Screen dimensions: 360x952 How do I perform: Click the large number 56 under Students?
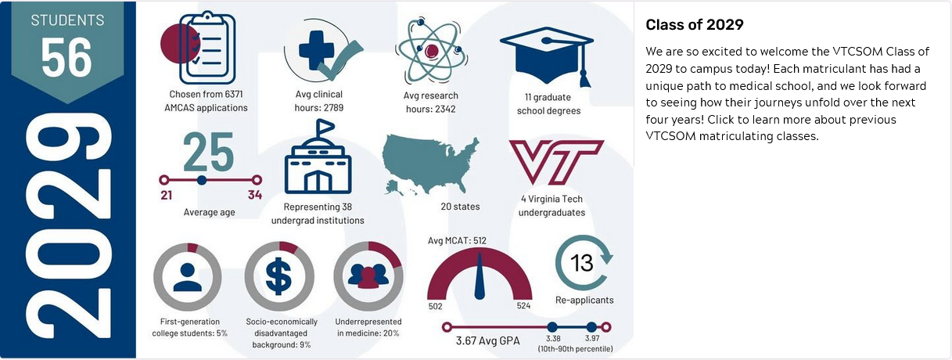point(66,57)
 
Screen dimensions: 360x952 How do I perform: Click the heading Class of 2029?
point(695,25)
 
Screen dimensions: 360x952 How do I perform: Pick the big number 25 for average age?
point(208,152)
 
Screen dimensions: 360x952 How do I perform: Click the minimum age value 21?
point(167,195)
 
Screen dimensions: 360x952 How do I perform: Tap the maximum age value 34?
point(255,195)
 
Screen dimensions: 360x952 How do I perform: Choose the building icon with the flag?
point(318,160)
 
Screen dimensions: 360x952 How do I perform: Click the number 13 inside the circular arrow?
point(583,263)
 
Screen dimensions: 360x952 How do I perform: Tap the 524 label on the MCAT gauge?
point(524,306)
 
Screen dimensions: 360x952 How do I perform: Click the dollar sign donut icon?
point(279,277)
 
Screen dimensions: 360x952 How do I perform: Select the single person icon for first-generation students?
point(188,277)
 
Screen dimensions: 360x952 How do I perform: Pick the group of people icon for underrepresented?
point(368,277)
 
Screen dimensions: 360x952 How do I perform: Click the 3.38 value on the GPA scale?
point(553,338)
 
